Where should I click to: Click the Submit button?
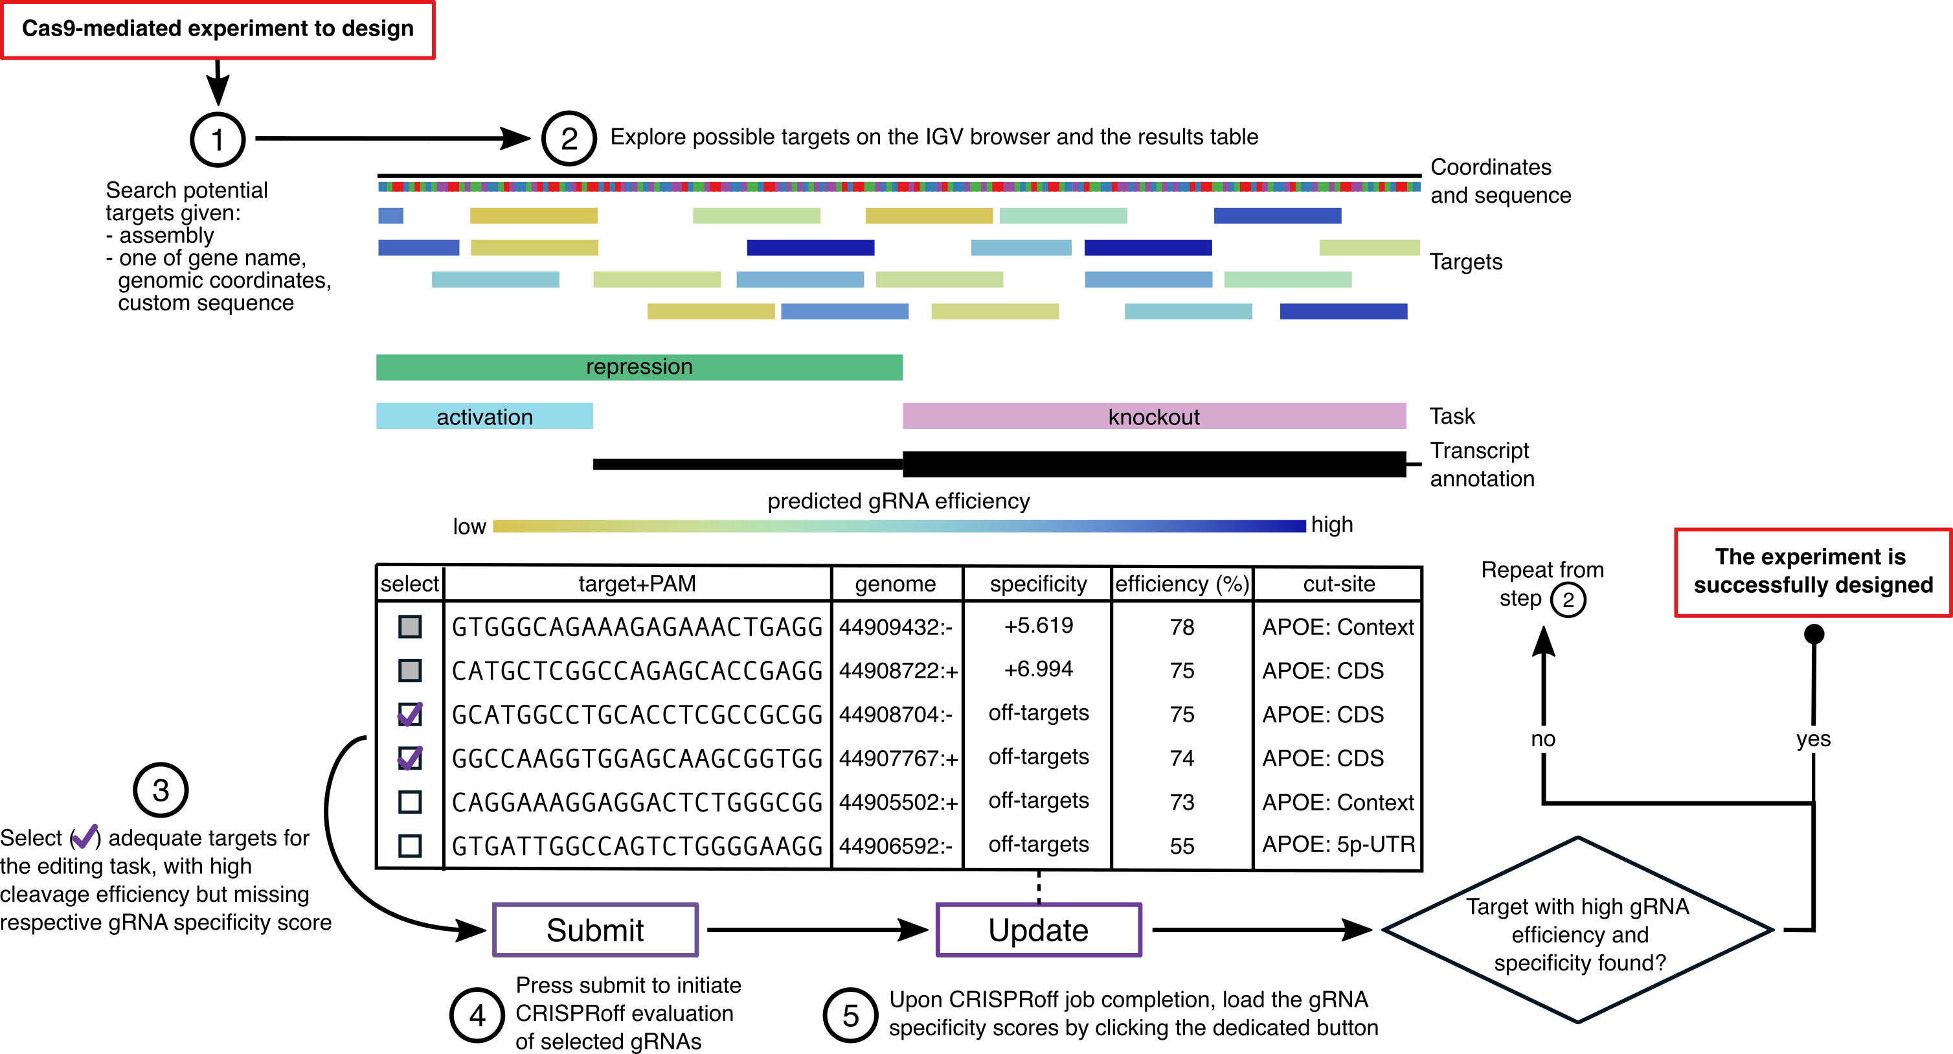[595, 930]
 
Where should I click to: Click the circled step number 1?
[218, 139]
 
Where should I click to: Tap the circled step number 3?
[161, 790]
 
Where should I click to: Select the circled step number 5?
[851, 1015]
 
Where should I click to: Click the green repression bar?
[638, 367]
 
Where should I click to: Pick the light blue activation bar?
[484, 417]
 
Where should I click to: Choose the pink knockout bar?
[1153, 417]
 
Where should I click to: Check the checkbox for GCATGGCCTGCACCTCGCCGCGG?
[410, 715]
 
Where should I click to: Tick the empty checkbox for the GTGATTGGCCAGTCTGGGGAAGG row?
[410, 845]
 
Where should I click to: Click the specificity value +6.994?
[1038, 670]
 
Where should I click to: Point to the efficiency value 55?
[1181, 846]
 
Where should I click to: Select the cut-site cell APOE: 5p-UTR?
[1338, 845]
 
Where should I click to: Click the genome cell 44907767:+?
[897, 759]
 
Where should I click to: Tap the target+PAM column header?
[637, 584]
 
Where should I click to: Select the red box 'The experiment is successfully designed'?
[1812, 572]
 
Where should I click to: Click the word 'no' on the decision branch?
[1543, 739]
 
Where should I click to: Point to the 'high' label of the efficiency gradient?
[1332, 525]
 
